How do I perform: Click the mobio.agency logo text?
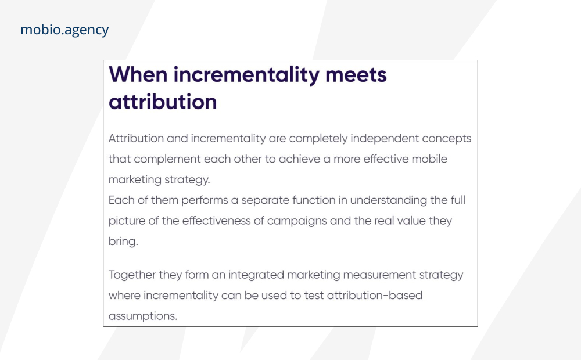tap(64, 30)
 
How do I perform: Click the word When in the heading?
tap(138, 74)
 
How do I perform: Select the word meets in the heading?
tap(356, 74)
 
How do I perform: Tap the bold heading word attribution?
tap(163, 102)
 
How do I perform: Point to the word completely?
tap(318, 139)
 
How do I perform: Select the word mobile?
tap(429, 159)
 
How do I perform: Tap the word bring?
tap(123, 242)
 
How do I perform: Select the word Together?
tap(132, 275)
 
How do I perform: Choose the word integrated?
tap(256, 275)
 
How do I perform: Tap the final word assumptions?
tap(143, 316)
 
